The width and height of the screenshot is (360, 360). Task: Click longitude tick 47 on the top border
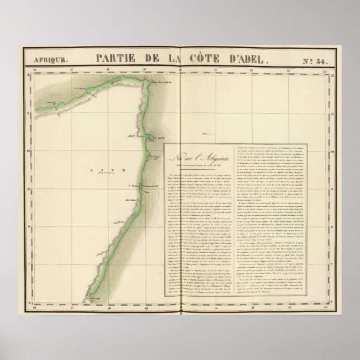point(71,70)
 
